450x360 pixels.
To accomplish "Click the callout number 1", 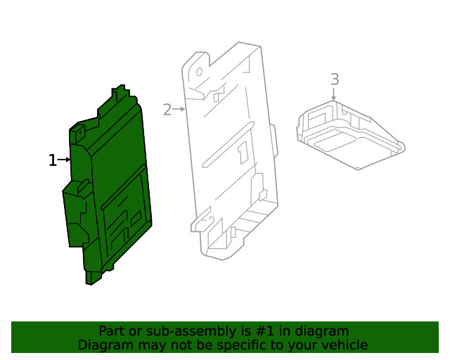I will (x=52, y=160).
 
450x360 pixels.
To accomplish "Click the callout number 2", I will (x=167, y=110).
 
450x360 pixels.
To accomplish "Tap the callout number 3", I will (x=334, y=79).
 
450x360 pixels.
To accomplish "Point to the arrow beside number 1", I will (x=65, y=160).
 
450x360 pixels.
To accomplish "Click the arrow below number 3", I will (x=334, y=94).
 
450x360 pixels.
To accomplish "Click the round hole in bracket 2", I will (x=200, y=72).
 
